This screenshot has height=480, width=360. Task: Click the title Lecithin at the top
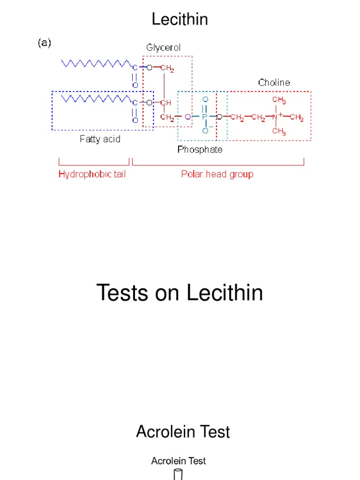pyautogui.click(x=180, y=20)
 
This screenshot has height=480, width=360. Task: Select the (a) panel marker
pyautogui.click(x=44, y=43)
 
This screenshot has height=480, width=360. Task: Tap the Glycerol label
pyautogui.click(x=163, y=47)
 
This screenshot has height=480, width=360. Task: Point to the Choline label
pyautogui.click(x=274, y=82)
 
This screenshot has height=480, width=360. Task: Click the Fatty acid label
pyautogui.click(x=100, y=139)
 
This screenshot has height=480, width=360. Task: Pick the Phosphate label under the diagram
pyautogui.click(x=200, y=150)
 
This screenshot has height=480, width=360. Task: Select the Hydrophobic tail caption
pyautogui.click(x=92, y=174)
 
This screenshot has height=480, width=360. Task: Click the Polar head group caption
pyautogui.click(x=217, y=174)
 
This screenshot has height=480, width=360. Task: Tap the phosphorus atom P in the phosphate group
pyautogui.click(x=204, y=116)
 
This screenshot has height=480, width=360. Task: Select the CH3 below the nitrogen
pyautogui.click(x=279, y=132)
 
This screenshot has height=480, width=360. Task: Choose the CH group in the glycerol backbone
pyautogui.click(x=165, y=103)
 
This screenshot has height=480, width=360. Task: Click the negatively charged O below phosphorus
pyautogui.click(x=205, y=131)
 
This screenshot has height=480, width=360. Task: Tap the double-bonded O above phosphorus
pyautogui.click(x=205, y=100)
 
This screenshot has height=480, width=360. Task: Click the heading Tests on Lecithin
pyautogui.click(x=180, y=293)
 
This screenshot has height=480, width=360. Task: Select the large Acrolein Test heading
pyautogui.click(x=183, y=432)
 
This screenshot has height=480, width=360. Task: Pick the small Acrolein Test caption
pyautogui.click(x=178, y=461)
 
